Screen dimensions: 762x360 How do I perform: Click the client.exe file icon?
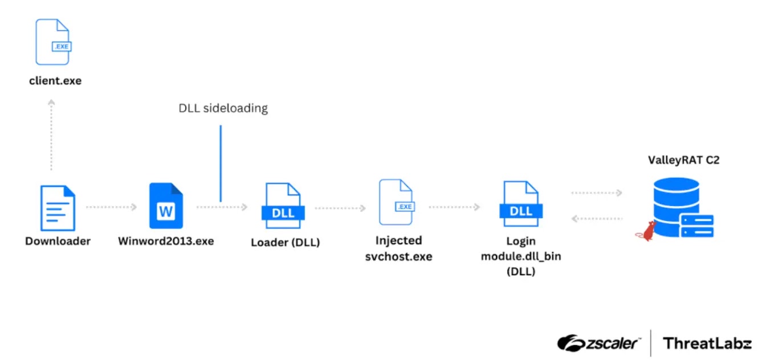click(x=54, y=42)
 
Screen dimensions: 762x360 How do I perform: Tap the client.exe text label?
click(x=55, y=81)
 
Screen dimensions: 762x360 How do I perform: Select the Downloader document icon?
click(x=58, y=208)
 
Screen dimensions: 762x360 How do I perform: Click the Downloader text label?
click(x=58, y=241)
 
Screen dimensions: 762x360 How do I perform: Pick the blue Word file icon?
click(x=166, y=206)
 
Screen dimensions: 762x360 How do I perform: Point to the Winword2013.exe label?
click(x=166, y=241)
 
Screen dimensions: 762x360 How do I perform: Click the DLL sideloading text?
click(x=223, y=108)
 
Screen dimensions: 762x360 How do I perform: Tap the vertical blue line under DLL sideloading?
click(x=221, y=163)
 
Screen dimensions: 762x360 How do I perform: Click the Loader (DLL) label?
click(x=286, y=243)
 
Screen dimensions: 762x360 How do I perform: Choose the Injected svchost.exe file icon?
click(x=397, y=202)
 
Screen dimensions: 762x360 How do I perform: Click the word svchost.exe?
click(x=399, y=256)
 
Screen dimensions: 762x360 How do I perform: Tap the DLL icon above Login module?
click(x=521, y=203)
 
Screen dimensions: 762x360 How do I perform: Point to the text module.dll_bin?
click(x=521, y=256)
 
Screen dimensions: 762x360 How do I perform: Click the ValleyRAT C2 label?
click(x=684, y=160)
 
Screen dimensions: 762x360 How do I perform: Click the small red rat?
click(x=646, y=231)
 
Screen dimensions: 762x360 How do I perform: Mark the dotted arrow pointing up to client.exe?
click(x=51, y=134)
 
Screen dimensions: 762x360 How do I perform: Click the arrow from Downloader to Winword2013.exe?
click(x=112, y=207)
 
